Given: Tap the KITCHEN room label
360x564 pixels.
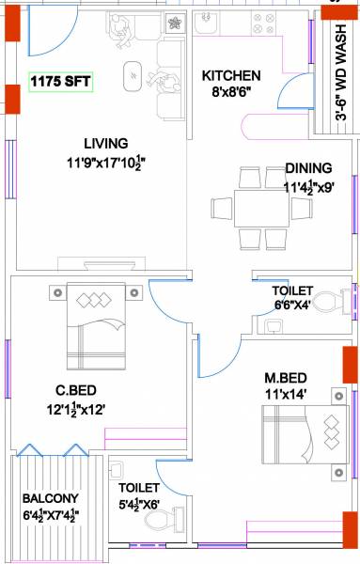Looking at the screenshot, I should (x=231, y=75).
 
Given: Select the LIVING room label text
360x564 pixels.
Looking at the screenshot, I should (x=105, y=144).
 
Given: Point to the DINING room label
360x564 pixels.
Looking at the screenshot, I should (x=308, y=169).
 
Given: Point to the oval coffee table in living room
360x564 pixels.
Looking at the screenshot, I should (x=134, y=74).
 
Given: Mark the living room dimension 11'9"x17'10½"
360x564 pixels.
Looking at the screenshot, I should (x=105, y=163).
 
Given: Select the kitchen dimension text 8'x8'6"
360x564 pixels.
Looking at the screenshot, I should (x=231, y=93).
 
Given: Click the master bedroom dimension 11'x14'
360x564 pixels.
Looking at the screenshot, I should (x=286, y=394).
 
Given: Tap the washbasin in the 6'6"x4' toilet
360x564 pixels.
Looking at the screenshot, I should (x=272, y=326).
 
